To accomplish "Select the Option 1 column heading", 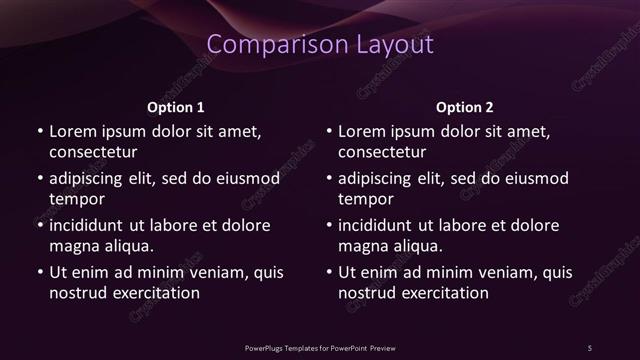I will pos(176,106).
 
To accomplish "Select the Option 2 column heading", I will pos(465,106).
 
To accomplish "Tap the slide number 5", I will pos(589,347).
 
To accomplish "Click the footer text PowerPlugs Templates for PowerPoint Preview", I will pos(320,347).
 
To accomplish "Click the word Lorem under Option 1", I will pos(72,131).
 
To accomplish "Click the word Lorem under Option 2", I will pos(362,131).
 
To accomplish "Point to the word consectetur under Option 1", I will pos(93,152).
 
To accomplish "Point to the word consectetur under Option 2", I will pos(383,152).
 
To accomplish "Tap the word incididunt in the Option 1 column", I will pos(93,225).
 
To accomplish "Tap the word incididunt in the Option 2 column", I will pos(383,225).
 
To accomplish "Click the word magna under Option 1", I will pos(73,246).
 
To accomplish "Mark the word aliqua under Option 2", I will pos(419,246).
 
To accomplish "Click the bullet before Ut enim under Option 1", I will pos(39,272).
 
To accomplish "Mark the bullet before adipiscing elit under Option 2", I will pos(329,178).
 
